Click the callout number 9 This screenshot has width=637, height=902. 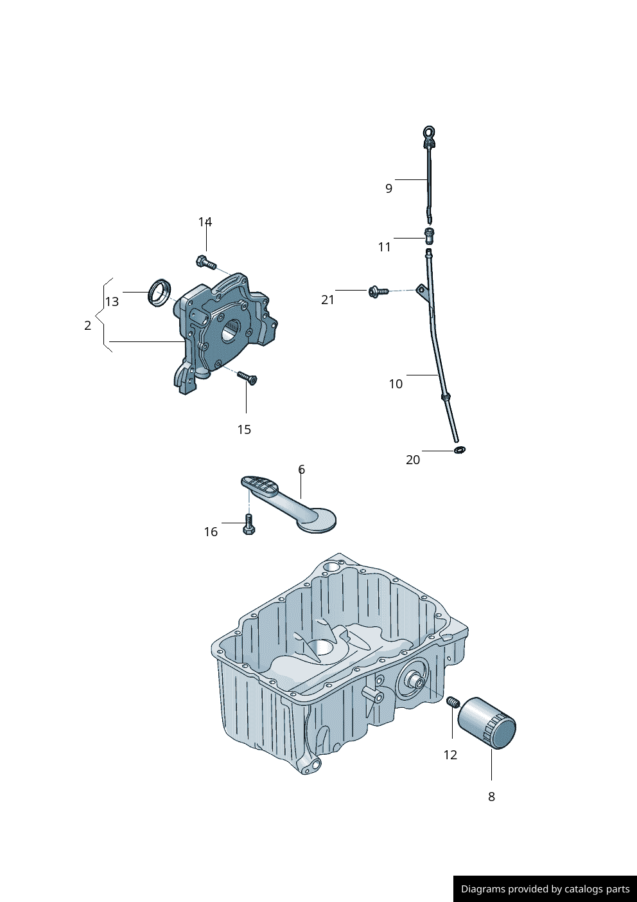(388, 188)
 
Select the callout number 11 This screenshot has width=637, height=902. (384, 247)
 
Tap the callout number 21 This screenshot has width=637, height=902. (327, 300)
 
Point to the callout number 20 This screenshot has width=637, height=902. (413, 460)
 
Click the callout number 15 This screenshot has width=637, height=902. (244, 429)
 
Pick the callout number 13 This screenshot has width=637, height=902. (112, 302)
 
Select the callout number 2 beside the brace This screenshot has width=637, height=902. (88, 325)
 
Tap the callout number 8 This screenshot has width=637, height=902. (491, 797)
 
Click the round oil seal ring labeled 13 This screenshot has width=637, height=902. (159, 293)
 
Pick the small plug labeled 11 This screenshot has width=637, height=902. (430, 235)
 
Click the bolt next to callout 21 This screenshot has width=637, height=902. (378, 292)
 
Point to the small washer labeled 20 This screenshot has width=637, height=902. (459, 449)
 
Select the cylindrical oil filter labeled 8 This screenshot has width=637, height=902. (487, 723)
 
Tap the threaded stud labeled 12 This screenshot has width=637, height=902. (452, 702)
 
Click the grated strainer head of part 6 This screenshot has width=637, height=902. (260, 485)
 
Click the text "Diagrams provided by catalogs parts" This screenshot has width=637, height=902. (545, 889)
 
